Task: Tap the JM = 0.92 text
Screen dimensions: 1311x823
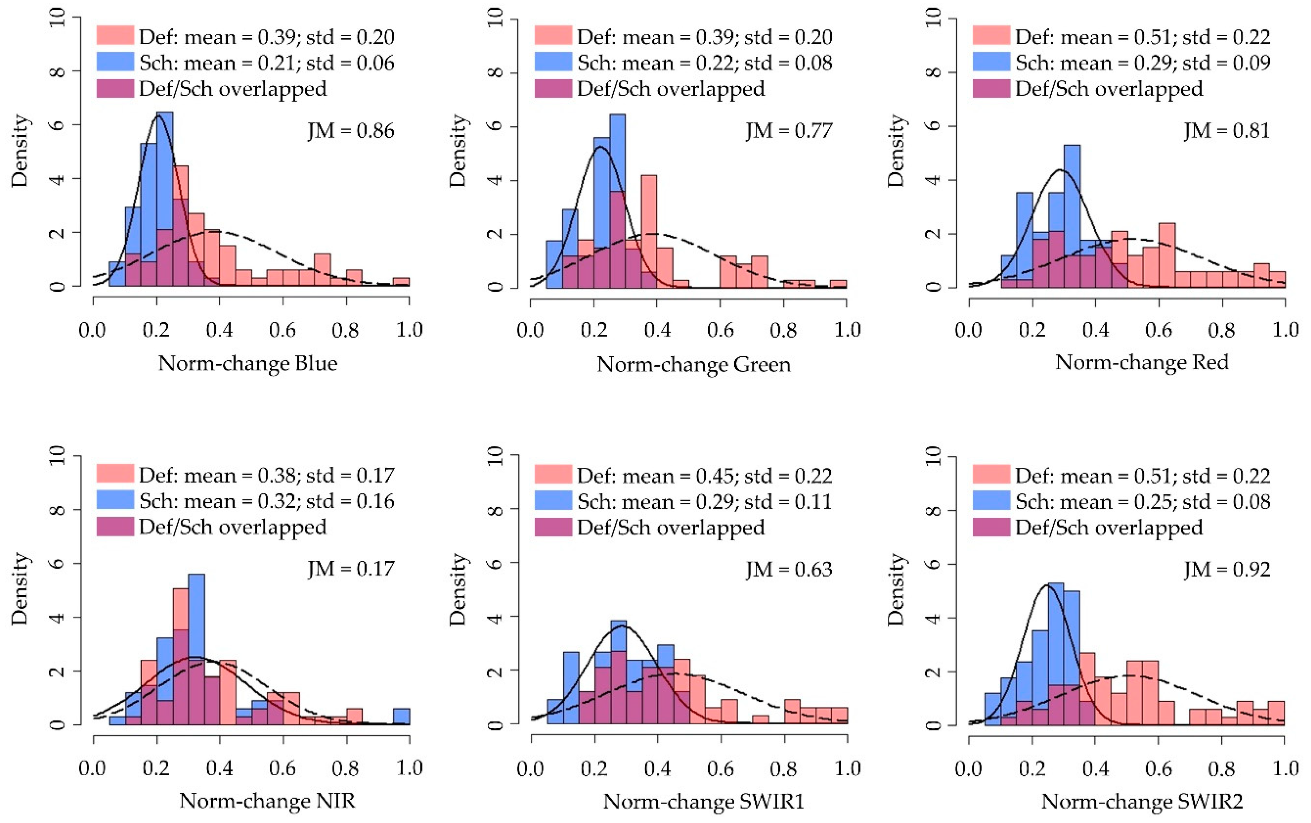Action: tap(1227, 570)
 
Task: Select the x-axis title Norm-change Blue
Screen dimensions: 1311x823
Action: tap(247, 363)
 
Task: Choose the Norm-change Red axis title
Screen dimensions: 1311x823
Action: tap(1142, 362)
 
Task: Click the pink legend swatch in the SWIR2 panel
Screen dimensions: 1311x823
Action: tap(991, 474)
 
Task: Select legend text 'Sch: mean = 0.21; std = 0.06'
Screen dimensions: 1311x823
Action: tap(267, 63)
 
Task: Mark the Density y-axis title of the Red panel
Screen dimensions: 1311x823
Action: tap(895, 151)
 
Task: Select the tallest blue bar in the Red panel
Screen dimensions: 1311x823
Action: tap(1071, 216)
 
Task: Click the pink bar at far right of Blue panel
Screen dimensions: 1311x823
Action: tap(401, 281)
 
